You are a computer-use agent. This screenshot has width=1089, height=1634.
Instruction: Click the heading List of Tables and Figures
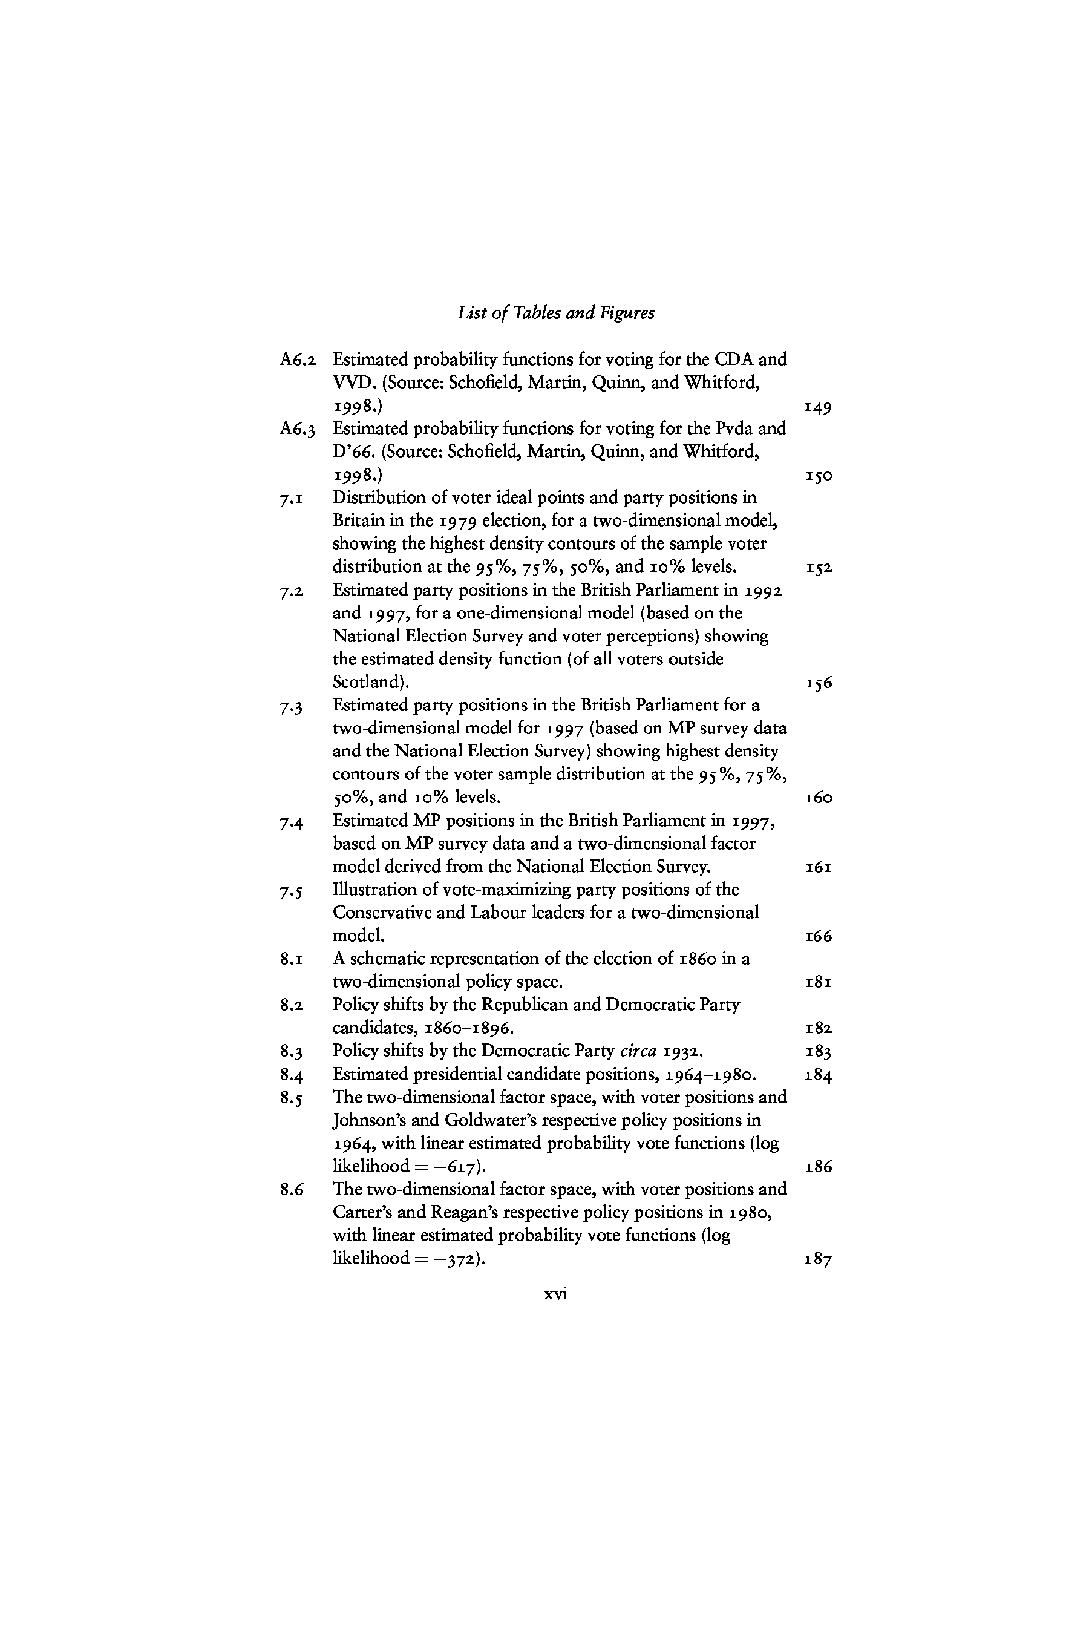[x=555, y=313]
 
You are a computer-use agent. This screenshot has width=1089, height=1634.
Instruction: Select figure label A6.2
[x=298, y=360]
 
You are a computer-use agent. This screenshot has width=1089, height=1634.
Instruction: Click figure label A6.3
[x=298, y=428]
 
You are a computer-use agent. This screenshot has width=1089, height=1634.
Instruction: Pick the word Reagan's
[x=473, y=1212]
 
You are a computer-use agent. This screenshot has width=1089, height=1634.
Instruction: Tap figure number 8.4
[x=291, y=1075]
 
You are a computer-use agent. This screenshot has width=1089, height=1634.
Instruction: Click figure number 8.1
[x=291, y=960]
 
